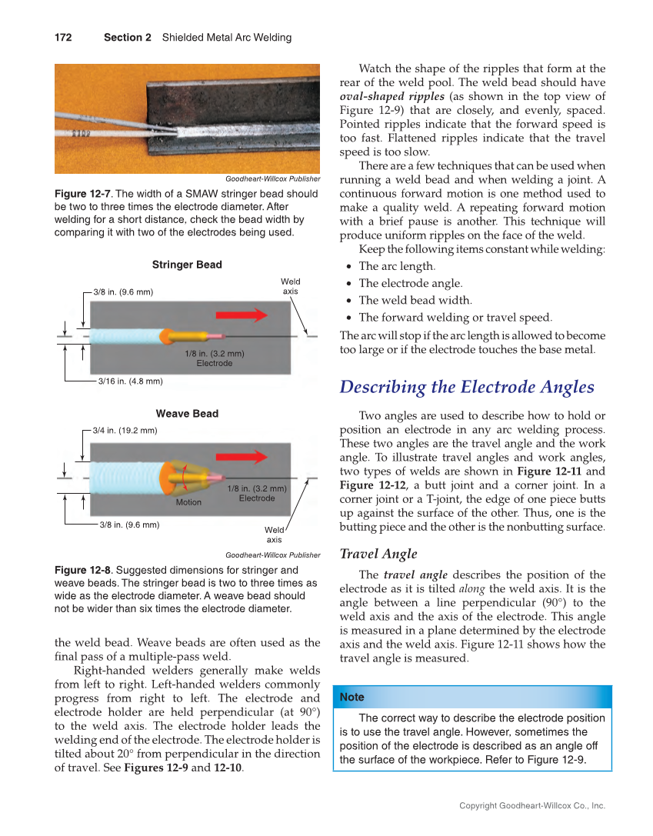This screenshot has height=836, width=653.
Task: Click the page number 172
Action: [62, 38]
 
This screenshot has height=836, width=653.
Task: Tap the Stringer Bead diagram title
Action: [187, 265]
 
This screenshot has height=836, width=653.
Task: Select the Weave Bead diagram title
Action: [187, 414]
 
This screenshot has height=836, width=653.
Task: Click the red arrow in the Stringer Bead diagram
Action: [242, 315]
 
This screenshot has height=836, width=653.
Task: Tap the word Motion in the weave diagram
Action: [188, 502]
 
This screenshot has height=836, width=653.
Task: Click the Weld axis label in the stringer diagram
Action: [291, 287]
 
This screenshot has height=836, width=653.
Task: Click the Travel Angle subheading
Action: [378, 554]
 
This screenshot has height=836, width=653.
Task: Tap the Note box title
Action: [352, 697]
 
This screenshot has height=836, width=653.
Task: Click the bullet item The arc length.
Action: [397, 266]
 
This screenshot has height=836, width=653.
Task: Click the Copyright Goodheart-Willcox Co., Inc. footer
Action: [532, 806]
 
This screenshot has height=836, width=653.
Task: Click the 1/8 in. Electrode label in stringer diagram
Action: [215, 358]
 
